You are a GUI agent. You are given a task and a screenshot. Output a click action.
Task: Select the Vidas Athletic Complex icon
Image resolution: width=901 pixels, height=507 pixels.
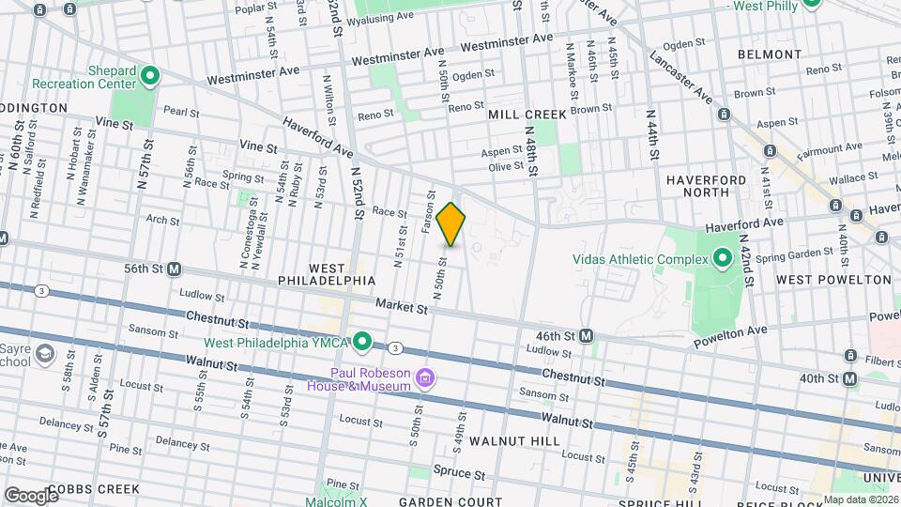coord(722,257)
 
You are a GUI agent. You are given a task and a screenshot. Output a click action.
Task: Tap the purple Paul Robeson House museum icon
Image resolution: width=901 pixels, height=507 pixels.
coord(425,378)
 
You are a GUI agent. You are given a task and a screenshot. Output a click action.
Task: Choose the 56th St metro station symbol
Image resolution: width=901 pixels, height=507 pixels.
coord(175,269)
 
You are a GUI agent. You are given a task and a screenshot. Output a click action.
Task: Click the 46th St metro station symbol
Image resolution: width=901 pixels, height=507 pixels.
coord(587,335)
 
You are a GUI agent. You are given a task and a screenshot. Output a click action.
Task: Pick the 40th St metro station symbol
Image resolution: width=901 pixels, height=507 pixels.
coord(850,378)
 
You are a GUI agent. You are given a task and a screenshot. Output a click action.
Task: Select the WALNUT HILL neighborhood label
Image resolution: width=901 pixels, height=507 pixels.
coord(514,440)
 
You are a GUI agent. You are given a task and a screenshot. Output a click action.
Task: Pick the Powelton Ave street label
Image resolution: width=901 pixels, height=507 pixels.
coord(730,337)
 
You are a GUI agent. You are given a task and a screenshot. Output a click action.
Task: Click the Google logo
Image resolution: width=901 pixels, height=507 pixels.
coord(31,495)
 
